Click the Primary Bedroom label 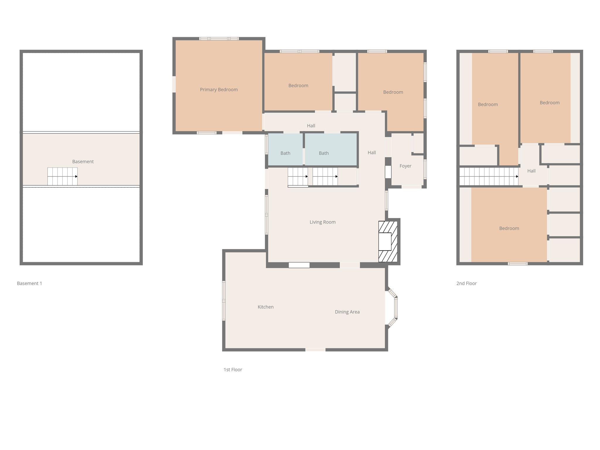tap(219, 90)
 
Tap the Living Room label tap(323, 222)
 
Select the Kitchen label tap(265, 307)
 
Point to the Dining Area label tap(347, 312)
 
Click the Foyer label tap(405, 166)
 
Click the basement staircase tap(62, 176)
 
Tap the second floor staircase tap(488, 176)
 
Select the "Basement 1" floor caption tap(30, 283)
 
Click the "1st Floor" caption tap(233, 370)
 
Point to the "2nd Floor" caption tap(466, 283)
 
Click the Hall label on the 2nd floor tap(531, 171)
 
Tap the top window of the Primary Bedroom tap(219, 39)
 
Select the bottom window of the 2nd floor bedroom tap(517, 264)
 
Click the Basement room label tap(83, 162)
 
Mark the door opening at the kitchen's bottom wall tap(315, 350)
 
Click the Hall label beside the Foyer tap(371, 153)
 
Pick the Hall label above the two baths tap(311, 126)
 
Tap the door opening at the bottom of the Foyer tap(411, 187)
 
